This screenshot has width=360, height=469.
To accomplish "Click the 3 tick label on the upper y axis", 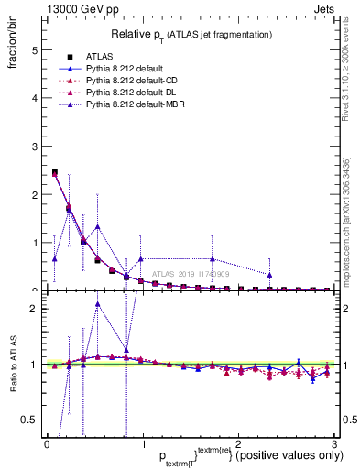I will [x=34, y=147].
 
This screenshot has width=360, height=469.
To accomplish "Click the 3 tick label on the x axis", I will [x=333, y=442].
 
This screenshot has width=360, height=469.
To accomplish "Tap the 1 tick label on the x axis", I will [x=142, y=442].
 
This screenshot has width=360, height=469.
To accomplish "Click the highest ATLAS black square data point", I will [x=54, y=172].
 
